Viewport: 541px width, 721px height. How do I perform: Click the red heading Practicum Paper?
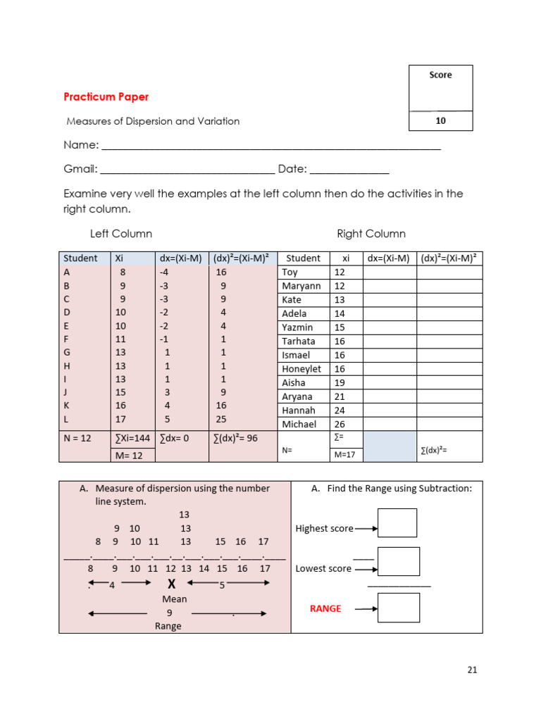[x=106, y=97]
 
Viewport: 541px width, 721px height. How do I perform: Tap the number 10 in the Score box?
[x=440, y=120]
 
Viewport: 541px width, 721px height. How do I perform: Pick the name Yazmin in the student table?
[x=298, y=327]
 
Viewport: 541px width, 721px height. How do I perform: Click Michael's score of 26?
[x=340, y=425]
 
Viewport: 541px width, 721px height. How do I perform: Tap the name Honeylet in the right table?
[x=301, y=369]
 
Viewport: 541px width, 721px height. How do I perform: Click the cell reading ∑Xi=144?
[x=132, y=438]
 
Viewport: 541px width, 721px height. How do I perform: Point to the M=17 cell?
[x=344, y=455]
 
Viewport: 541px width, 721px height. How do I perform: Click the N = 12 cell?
[x=77, y=438]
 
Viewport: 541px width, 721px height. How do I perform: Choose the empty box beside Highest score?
[x=397, y=523]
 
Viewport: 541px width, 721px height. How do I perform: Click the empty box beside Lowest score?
[x=398, y=562]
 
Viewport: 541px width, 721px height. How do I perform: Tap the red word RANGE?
[x=325, y=608]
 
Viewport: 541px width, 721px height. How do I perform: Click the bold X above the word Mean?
[x=170, y=584]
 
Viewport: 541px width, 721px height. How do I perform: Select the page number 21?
[x=472, y=670]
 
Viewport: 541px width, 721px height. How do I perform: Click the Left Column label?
[x=121, y=234]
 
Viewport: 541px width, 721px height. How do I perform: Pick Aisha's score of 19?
[x=340, y=383]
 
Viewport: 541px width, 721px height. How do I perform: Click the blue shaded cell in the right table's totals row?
[x=390, y=446]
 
